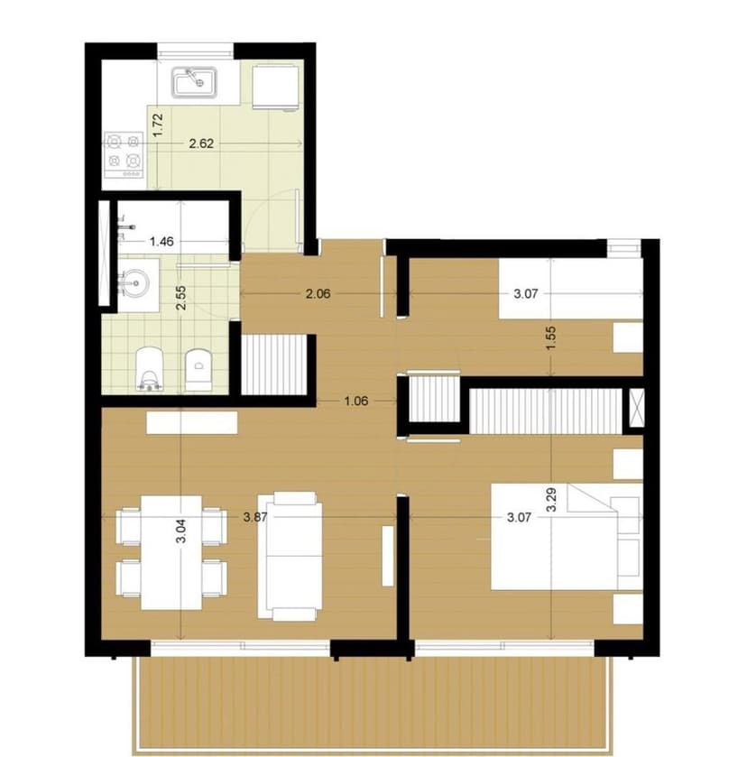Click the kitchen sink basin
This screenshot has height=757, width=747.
click(x=194, y=82)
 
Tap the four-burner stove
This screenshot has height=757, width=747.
click(x=124, y=154)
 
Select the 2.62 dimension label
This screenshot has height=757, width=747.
click(x=201, y=143)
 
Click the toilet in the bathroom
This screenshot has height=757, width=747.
click(x=150, y=368)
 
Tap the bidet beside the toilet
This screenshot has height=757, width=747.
click(x=198, y=369)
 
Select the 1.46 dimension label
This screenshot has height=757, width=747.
click(x=161, y=242)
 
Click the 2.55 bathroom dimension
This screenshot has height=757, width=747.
click(x=180, y=298)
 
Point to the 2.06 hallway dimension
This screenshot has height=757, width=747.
click(x=318, y=293)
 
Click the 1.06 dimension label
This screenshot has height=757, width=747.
click(x=356, y=401)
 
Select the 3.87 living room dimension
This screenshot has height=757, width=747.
click(x=255, y=518)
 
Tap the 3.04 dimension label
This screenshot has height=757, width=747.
click(x=181, y=531)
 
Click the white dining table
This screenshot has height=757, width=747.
click(x=171, y=552)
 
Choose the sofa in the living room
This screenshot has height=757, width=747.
click(x=290, y=556)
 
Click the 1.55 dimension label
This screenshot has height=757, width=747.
click(x=552, y=338)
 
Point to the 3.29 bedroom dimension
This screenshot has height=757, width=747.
click(x=551, y=500)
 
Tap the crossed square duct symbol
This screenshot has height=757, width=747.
click(x=637, y=408)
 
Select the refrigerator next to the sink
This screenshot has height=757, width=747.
click(x=274, y=87)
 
